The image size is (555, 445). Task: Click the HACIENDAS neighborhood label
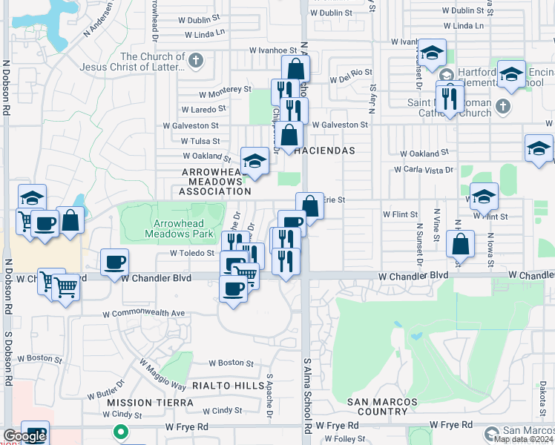[x=324, y=151]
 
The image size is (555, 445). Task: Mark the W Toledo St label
[x=191, y=253]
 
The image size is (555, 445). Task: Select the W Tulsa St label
[x=195, y=141]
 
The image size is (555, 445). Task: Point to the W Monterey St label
[x=226, y=90]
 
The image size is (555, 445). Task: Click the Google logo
[x=24, y=436]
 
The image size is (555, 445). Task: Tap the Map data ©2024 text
[x=523, y=439]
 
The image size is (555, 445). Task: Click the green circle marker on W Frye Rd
[x=119, y=431]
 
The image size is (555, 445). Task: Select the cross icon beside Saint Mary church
[x=502, y=105]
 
